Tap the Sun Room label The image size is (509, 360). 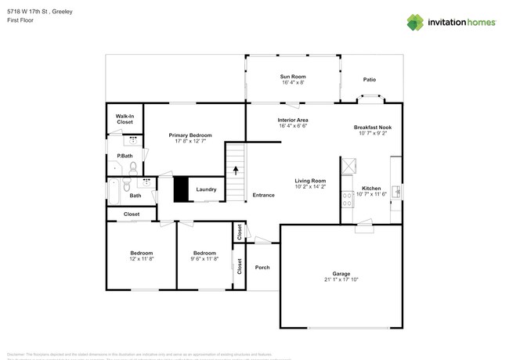[293, 76]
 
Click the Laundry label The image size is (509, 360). [206, 189]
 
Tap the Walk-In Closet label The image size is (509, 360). [125, 119]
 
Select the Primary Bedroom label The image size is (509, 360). [190, 135]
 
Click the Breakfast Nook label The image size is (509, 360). [373, 128]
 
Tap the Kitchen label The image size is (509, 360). [371, 188]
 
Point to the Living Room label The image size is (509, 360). [310, 181]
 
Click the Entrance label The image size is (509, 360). [263, 195]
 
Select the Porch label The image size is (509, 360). [262, 268]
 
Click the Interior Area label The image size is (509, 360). [293, 120]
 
